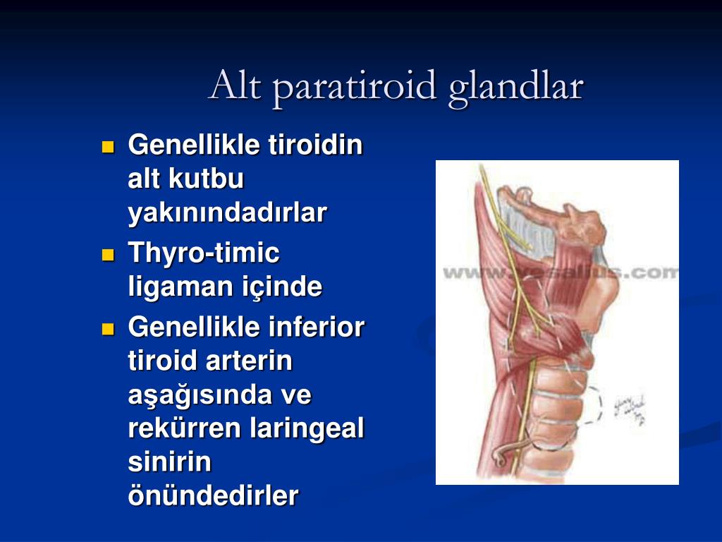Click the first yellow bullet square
click(108, 147)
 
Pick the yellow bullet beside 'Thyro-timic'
click(108, 255)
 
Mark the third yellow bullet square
click(108, 329)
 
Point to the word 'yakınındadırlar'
click(227, 213)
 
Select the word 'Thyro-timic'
click(204, 253)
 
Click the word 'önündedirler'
click(213, 496)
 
